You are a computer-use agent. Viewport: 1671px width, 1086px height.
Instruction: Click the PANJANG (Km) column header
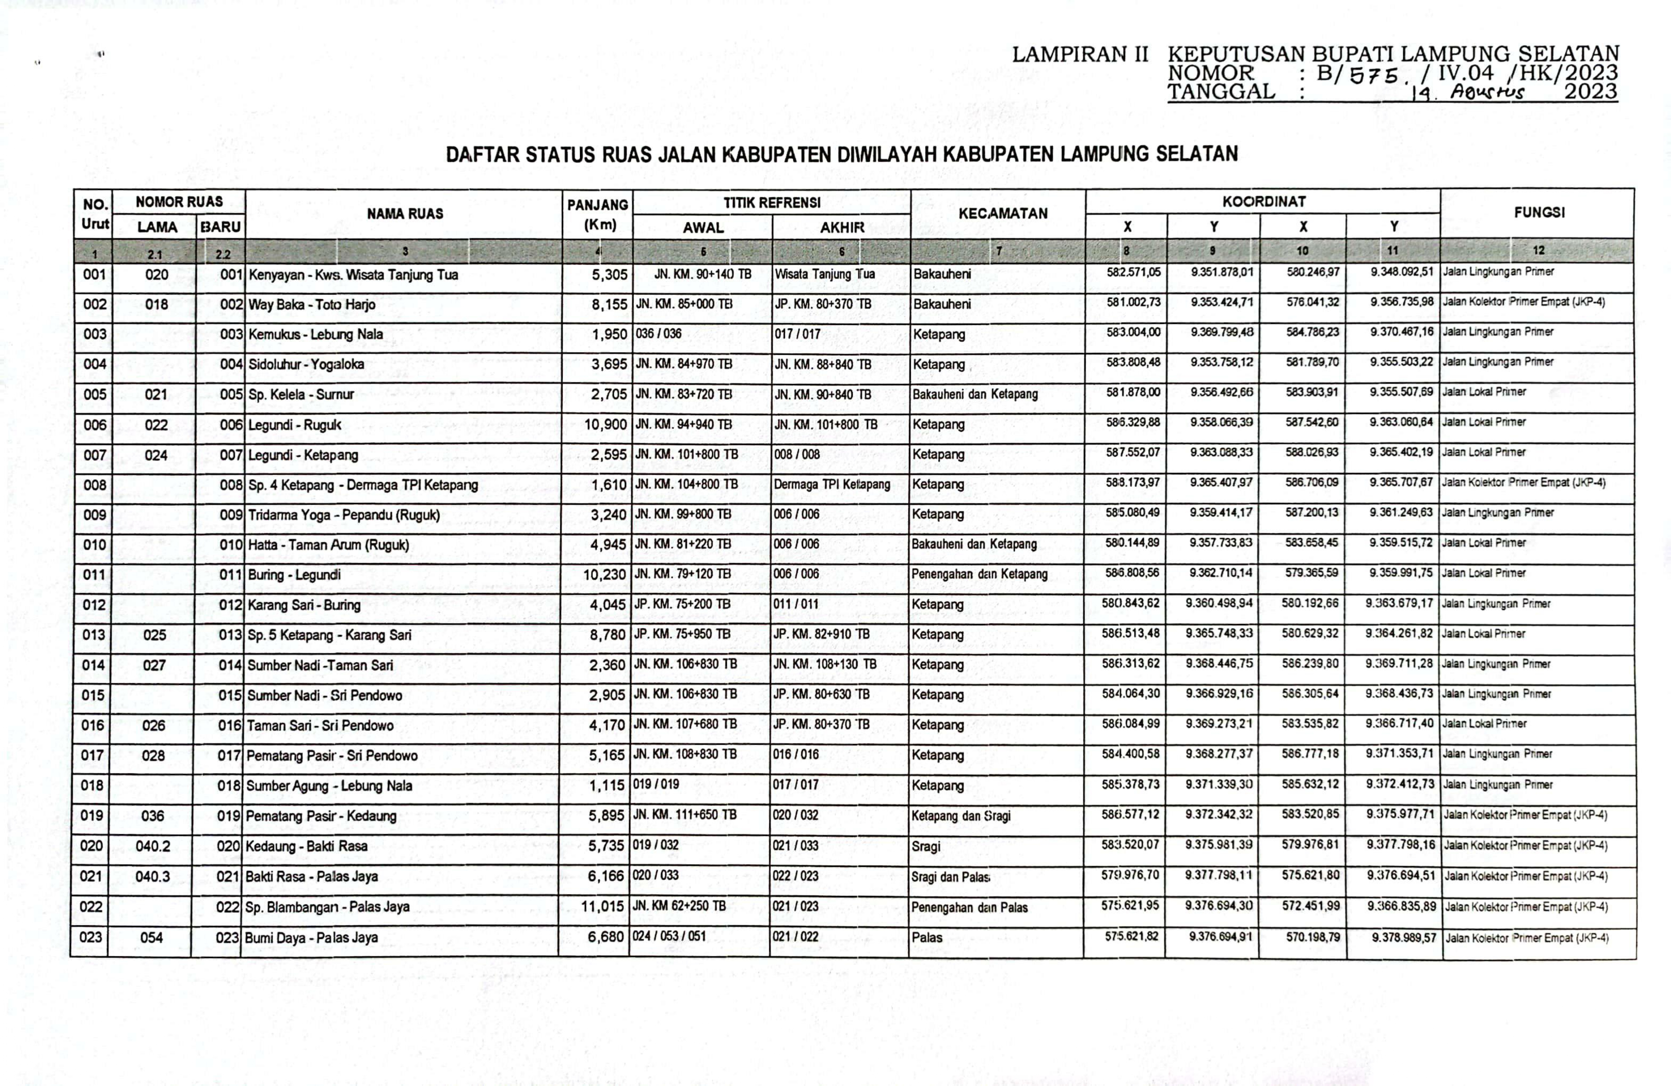[x=597, y=214]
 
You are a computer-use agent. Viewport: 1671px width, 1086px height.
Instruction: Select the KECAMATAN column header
[x=1003, y=214]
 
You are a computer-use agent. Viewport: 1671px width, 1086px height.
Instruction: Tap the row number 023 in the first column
[x=90, y=937]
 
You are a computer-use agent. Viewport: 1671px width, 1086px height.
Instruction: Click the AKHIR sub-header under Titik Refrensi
[x=842, y=228]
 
